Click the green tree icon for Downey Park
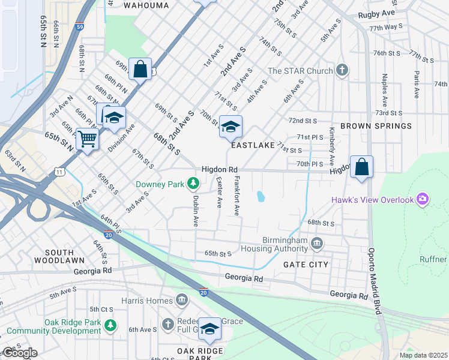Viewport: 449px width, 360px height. point(193,184)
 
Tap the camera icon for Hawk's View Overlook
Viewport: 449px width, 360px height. point(423,199)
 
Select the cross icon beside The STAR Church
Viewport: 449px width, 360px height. point(342,71)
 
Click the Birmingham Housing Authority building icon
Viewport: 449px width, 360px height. point(317,243)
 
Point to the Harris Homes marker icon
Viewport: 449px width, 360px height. point(182,300)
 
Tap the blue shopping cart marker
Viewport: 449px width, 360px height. point(88,139)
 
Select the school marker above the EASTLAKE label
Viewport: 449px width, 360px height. point(231,127)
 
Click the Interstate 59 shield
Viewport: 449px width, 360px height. point(80,26)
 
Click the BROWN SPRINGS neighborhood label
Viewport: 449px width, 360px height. point(376,127)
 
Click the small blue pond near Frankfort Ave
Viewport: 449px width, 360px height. point(260,196)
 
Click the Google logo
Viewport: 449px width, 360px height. point(20,353)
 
